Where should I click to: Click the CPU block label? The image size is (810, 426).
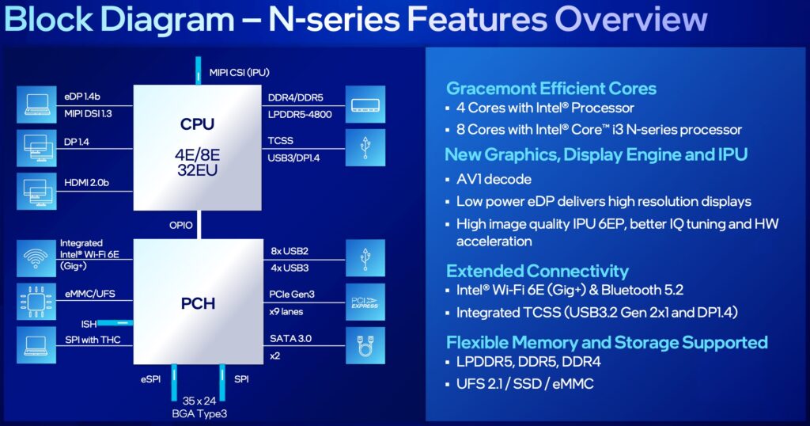pyautogui.click(x=198, y=124)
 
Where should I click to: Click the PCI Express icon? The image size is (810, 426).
pyautogui.click(x=365, y=302)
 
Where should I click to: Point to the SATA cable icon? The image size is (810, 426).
pyautogui.click(x=365, y=345)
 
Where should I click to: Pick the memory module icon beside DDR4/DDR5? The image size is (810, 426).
pyautogui.click(x=365, y=105)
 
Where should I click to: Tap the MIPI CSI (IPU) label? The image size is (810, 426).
pyautogui.click(x=240, y=72)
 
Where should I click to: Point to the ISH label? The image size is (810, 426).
pyautogui.click(x=89, y=323)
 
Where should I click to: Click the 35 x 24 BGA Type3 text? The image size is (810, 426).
pyautogui.click(x=199, y=406)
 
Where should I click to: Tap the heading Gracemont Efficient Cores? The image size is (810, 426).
pyautogui.click(x=551, y=89)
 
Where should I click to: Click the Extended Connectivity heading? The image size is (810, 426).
pyautogui.click(x=537, y=271)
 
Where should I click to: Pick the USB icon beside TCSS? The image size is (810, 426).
pyautogui.click(x=365, y=148)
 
